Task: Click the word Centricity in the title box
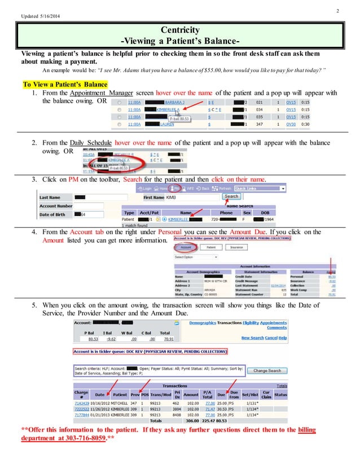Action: tap(181, 29)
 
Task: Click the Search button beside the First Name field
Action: tap(231, 196)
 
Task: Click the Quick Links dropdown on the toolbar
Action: tap(260, 188)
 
